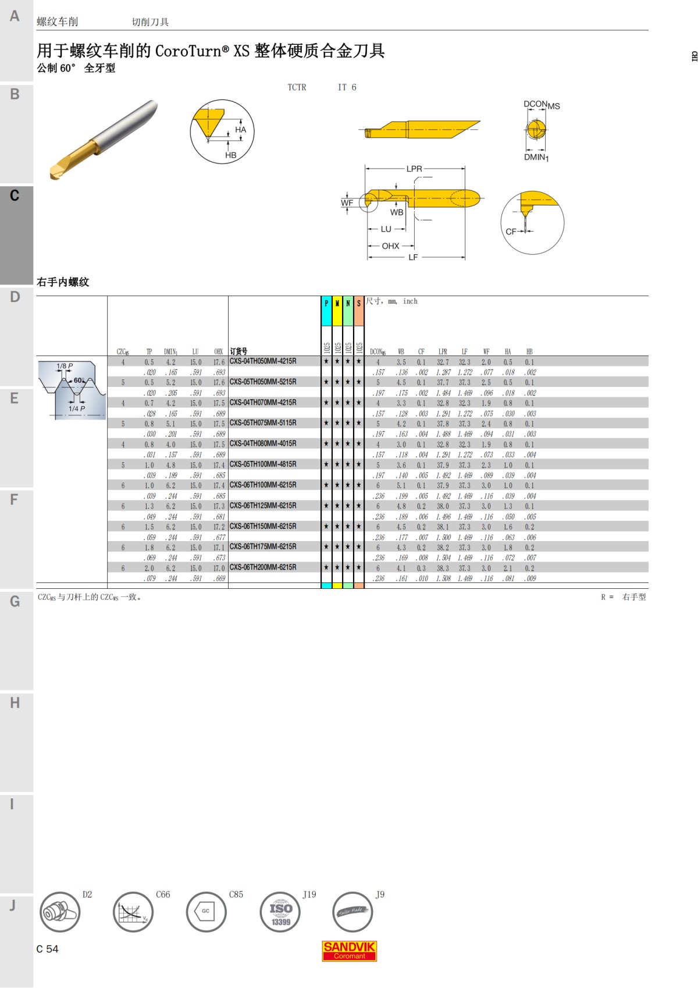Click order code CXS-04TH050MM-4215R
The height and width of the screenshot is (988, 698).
point(263,361)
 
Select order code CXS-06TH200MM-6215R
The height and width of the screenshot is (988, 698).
point(263,567)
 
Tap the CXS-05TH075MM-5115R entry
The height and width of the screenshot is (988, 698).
point(263,423)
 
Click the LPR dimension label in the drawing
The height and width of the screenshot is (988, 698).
point(414,169)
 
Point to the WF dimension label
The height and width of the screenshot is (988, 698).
point(347,203)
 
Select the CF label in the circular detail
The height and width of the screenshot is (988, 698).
point(511,232)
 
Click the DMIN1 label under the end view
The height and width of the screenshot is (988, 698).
point(536,157)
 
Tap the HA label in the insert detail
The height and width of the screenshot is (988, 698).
point(240,130)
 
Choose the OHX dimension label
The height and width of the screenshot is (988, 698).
point(390,246)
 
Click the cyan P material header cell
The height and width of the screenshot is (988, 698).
point(326,311)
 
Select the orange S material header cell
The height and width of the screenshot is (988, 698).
point(359,311)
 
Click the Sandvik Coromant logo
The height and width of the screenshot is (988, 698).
point(350,950)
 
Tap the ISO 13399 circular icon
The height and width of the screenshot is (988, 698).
point(280,912)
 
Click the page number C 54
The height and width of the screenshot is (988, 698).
point(47,949)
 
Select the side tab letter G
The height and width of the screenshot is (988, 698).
point(15,601)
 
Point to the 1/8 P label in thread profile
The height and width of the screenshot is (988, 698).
point(65,366)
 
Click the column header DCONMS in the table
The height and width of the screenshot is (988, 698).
point(378,351)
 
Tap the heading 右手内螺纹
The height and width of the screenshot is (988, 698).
point(63,282)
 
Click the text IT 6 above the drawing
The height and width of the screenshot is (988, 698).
point(347,87)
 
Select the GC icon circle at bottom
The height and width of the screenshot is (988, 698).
point(206,912)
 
